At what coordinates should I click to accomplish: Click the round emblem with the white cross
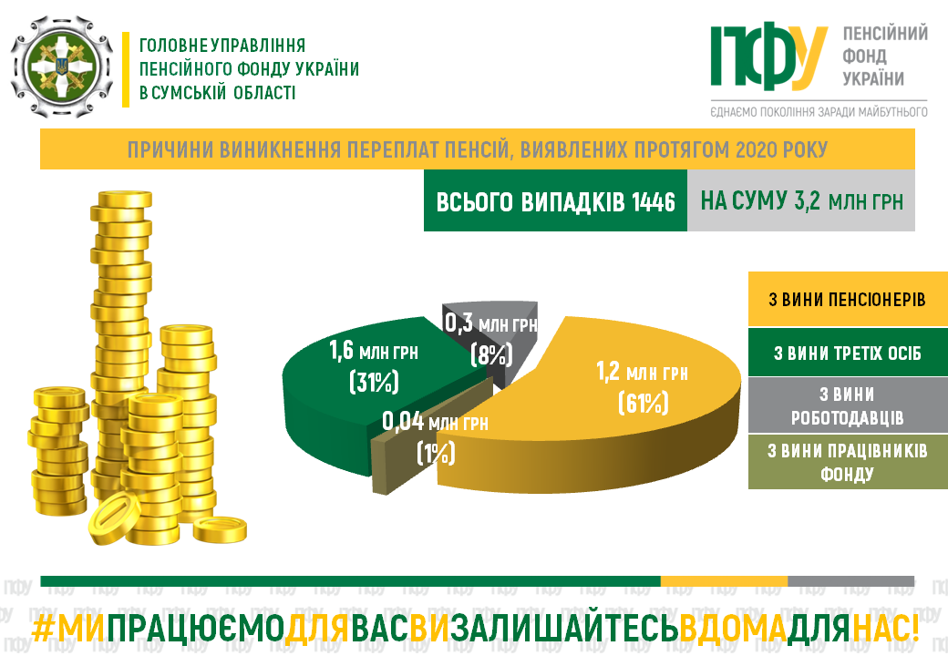pyautogui.click(x=62, y=67)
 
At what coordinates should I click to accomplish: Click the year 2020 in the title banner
pyautogui.click(x=756, y=149)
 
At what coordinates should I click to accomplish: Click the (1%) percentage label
pyautogui.click(x=436, y=453)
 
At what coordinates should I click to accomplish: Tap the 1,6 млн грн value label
pyautogui.click(x=374, y=351)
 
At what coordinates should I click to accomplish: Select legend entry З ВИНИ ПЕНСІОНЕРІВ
pyautogui.click(x=848, y=300)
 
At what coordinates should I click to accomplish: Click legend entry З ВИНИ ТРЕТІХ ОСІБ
pyautogui.click(x=848, y=353)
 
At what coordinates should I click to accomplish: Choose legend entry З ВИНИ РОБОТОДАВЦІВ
pyautogui.click(x=848, y=405)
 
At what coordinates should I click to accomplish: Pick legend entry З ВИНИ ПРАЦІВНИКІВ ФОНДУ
pyautogui.click(x=848, y=462)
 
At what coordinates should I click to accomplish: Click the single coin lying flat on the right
pyautogui.click(x=220, y=529)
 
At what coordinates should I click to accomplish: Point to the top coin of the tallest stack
pyautogui.click(x=125, y=200)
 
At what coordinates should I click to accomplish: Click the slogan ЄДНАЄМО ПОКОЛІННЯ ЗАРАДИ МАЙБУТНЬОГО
pyautogui.click(x=819, y=112)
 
